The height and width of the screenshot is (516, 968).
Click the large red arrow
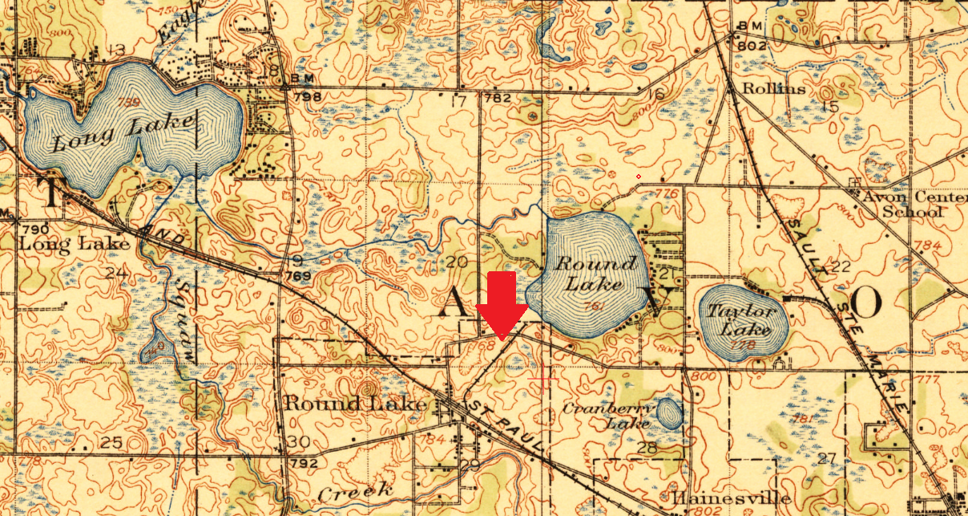coord(502,306)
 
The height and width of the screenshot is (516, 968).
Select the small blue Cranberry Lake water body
coord(669,414)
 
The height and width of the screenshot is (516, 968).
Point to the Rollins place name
coord(774,88)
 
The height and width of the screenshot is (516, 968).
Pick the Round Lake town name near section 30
coord(356,404)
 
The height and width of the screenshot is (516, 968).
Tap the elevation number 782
coord(497,98)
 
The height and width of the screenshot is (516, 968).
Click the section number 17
coord(458,101)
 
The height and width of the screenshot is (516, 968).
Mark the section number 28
coord(647,448)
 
